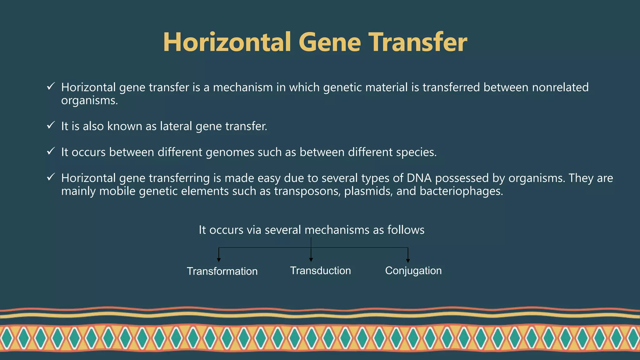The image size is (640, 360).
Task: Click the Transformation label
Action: coord(222,271)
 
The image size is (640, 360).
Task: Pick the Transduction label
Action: coord(320,270)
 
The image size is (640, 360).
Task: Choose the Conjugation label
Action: coord(413,270)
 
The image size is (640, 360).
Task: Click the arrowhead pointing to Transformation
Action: coord(219,260)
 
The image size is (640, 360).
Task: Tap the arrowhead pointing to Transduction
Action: coord(311,260)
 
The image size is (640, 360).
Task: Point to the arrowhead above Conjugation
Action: coord(408,261)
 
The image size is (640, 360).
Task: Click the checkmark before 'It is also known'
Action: coord(51,125)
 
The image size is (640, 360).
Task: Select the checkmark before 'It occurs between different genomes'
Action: coord(51,151)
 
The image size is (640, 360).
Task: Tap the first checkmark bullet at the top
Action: coord(51,86)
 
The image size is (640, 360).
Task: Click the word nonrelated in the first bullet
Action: coord(560,87)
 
